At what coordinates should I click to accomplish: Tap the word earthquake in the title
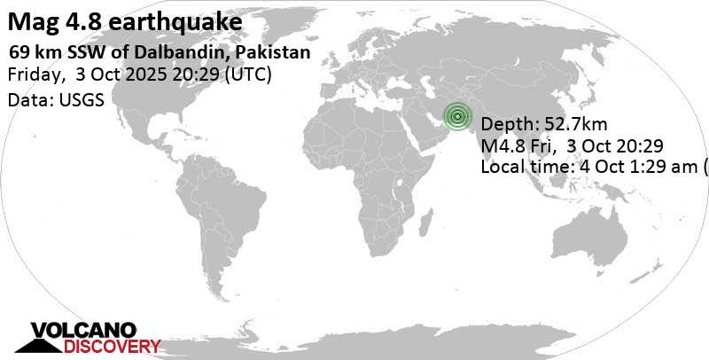[188, 20]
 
